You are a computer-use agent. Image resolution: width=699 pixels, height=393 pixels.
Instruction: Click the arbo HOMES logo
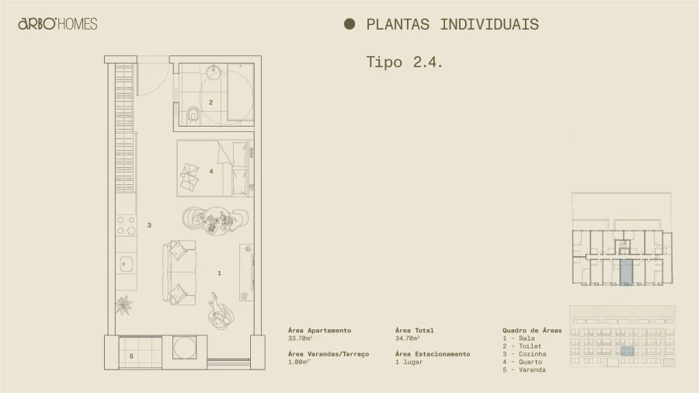(57, 24)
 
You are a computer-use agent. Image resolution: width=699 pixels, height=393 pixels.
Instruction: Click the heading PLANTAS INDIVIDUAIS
(452, 24)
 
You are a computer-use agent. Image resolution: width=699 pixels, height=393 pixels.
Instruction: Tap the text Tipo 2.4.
(404, 62)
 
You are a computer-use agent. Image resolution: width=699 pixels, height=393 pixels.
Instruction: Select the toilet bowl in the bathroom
(193, 116)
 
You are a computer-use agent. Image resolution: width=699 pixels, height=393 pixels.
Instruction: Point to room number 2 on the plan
(210, 102)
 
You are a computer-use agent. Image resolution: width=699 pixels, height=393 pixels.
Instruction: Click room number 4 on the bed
(210, 171)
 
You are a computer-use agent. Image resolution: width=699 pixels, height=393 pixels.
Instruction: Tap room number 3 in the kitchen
(149, 225)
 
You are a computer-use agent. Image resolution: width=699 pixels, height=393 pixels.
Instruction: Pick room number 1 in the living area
(220, 273)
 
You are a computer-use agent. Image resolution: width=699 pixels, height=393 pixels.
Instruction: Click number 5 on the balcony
(131, 356)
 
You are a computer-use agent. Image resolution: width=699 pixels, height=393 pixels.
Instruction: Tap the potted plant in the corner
(124, 304)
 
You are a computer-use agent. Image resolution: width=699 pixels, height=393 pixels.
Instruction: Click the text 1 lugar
(409, 362)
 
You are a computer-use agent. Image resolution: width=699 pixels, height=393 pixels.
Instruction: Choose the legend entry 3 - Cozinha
(524, 354)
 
